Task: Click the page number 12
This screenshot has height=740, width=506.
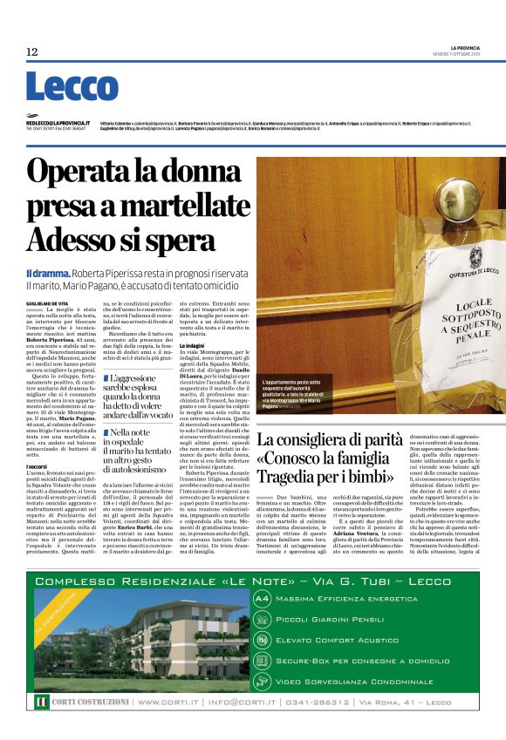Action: click(x=32, y=52)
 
